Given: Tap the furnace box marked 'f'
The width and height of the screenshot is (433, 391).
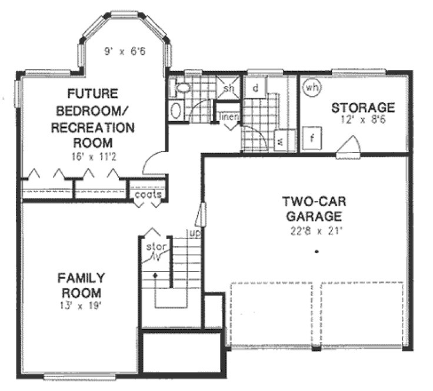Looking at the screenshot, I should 312,139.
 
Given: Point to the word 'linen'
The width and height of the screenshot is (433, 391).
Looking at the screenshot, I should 228,116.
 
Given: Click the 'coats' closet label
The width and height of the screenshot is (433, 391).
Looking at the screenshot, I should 148,194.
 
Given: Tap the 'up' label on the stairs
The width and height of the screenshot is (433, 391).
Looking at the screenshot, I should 192,233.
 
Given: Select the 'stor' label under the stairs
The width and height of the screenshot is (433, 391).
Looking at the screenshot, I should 154,246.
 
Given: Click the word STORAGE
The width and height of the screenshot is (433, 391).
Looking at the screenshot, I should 362,108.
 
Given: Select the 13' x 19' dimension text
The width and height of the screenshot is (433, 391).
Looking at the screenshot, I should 81,306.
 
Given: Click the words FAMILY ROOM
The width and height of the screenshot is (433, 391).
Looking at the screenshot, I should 81,284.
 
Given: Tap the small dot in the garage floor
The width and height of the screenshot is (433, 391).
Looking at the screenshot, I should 317,252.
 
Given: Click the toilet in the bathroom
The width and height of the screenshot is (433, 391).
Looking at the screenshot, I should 183,88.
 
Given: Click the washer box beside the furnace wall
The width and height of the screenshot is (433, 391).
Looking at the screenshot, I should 280,141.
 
